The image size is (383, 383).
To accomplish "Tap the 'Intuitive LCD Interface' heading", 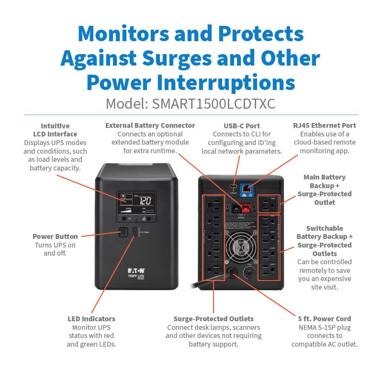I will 52,130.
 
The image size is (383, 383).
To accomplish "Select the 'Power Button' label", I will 55,237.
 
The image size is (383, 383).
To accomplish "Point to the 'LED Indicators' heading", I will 91,318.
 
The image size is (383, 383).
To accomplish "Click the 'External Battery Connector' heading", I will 150,125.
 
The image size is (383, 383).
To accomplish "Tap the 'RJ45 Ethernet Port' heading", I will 325,125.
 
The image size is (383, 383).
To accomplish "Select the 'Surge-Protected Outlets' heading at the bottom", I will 214,318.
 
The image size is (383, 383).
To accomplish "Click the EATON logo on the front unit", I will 136,270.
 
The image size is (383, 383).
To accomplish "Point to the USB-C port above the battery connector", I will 233,186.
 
